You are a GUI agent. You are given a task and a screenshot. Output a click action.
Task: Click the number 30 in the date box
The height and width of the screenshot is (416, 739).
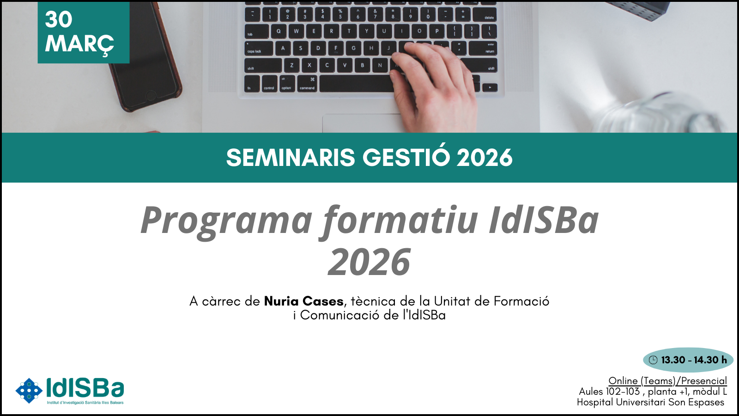(58, 19)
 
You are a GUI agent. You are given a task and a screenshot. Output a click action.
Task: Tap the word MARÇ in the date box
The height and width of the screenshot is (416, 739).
(79, 44)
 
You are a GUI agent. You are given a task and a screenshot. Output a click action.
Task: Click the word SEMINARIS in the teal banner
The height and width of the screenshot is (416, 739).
(291, 158)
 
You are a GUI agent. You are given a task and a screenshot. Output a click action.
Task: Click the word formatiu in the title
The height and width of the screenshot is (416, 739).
(400, 220)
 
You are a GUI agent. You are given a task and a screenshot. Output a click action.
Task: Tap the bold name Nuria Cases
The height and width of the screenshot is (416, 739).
(304, 301)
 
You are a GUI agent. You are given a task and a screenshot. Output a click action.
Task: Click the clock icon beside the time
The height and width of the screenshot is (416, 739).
(653, 360)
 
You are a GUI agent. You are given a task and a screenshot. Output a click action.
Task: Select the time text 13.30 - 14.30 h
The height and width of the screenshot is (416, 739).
(694, 360)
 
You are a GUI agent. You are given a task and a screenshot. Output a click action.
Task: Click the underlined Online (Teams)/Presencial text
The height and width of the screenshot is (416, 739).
(668, 381)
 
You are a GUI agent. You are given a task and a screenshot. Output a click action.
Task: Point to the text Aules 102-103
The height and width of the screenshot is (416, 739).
(609, 392)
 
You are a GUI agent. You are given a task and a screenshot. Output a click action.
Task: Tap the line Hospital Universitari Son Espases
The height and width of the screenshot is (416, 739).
(651, 403)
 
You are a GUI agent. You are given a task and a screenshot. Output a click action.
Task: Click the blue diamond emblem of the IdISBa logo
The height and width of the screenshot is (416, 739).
(29, 391)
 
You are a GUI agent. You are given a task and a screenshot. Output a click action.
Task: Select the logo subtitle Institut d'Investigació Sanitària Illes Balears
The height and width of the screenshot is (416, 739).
(85, 403)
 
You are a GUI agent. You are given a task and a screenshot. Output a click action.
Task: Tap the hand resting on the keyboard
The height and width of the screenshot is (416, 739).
(432, 86)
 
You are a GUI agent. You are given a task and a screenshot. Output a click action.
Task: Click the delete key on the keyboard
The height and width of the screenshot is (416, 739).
(485, 15)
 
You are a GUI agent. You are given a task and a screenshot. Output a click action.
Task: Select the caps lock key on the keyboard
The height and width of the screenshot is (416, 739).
(259, 49)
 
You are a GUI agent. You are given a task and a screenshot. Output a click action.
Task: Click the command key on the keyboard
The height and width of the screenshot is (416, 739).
(307, 84)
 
